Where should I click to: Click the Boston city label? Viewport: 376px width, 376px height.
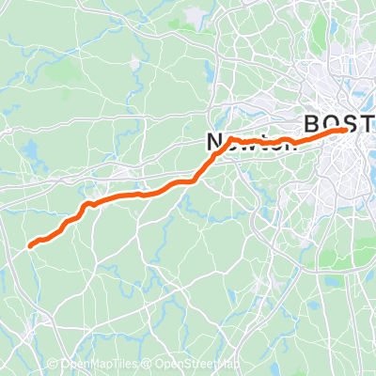[338, 124]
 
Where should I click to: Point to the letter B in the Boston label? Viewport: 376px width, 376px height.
[312, 124]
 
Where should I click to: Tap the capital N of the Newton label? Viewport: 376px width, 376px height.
[213, 141]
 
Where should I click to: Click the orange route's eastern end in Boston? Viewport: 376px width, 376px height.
[350, 130]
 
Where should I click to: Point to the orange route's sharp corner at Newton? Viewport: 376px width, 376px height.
[228, 139]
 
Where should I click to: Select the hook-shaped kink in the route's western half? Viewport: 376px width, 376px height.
[86, 204]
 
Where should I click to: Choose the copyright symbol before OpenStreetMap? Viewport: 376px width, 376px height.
[149, 365]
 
